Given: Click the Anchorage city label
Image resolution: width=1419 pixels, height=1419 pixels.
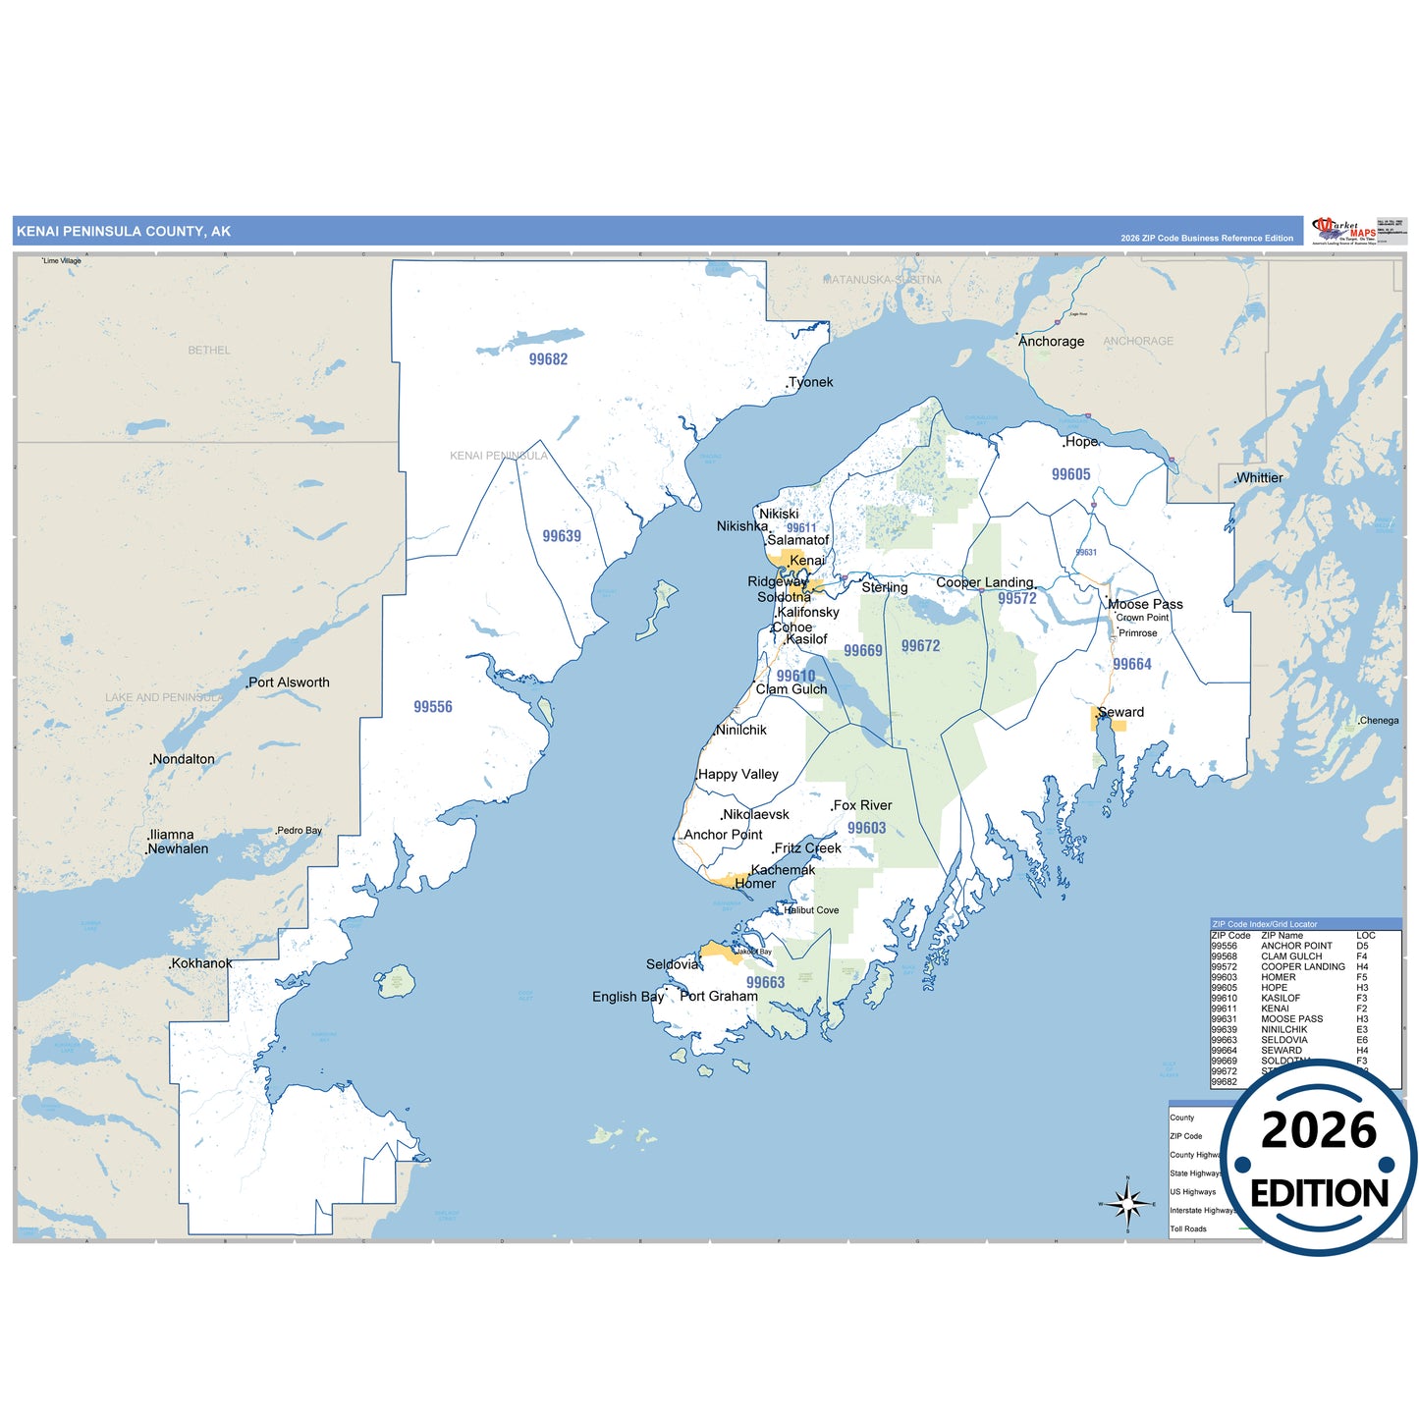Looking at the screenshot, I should click(x=1052, y=342).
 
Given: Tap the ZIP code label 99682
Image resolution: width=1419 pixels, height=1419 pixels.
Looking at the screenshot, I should click(x=548, y=359).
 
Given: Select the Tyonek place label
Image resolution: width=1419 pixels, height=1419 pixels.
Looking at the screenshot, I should click(x=811, y=382).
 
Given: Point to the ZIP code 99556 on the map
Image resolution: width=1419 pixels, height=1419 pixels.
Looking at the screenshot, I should click(x=433, y=707).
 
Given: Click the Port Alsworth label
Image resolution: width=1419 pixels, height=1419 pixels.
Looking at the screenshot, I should click(x=289, y=682).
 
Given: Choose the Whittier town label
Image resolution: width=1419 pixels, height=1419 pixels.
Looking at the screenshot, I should click(x=1260, y=478).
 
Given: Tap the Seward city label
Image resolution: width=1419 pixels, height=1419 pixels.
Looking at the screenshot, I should click(x=1121, y=712).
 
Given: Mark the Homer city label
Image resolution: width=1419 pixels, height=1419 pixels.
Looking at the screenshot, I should click(x=755, y=884).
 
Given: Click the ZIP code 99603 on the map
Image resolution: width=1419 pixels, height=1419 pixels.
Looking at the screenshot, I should click(x=866, y=828).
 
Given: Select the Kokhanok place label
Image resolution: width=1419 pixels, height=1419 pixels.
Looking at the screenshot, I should click(x=201, y=963).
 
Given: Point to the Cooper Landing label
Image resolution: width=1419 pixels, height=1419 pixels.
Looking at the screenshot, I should click(x=985, y=582).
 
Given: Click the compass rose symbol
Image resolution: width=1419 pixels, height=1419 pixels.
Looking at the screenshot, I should click(x=1127, y=1203).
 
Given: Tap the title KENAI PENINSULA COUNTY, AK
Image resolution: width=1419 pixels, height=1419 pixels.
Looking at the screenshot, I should click(x=124, y=232).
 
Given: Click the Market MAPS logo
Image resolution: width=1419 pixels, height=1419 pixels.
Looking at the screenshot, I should click(x=1345, y=231).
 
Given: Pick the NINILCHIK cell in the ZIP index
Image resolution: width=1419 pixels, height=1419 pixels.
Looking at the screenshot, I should click(x=1283, y=1029).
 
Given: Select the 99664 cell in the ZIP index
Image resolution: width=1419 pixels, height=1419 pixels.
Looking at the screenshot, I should click(x=1224, y=1051).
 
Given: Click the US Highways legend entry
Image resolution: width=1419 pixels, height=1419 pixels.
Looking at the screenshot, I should click(x=1192, y=1192).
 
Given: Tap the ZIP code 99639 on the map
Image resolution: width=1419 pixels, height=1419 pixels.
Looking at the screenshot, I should click(x=562, y=536).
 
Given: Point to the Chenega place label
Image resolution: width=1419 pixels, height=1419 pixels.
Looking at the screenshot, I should click(x=1379, y=721).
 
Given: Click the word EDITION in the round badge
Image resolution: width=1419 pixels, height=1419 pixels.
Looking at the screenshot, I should click(x=1319, y=1193).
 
